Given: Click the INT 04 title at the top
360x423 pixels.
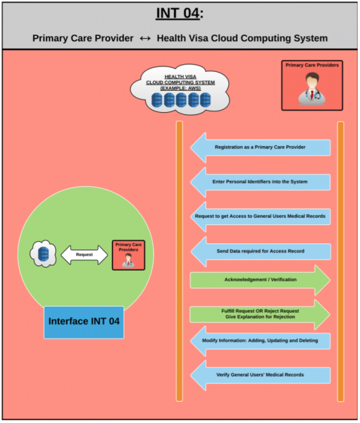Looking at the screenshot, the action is (x=180, y=13).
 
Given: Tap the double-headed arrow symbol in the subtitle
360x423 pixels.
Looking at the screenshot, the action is (x=145, y=38).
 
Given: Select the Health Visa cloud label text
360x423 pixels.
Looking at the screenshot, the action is (x=180, y=82).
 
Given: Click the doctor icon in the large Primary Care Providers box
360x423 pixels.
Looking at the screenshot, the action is (x=312, y=89).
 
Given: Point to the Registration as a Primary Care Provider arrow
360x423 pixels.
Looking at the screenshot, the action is (x=260, y=147).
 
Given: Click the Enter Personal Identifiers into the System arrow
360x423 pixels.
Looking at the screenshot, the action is (x=260, y=182).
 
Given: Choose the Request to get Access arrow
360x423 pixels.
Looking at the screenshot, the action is (x=260, y=216).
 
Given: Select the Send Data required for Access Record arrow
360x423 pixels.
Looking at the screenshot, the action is (x=260, y=252).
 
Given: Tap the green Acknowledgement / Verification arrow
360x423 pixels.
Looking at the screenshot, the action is (x=260, y=280).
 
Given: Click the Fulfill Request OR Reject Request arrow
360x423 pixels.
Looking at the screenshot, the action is (x=260, y=314).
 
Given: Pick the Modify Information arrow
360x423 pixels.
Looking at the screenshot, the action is (x=260, y=341).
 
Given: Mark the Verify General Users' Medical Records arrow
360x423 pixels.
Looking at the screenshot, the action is (x=260, y=375).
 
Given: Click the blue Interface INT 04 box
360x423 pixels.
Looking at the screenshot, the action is (x=84, y=322).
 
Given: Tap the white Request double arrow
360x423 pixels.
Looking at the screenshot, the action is (x=84, y=255).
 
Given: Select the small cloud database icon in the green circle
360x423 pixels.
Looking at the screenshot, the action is (x=43, y=254).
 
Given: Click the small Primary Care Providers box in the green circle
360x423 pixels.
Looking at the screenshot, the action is (x=128, y=255).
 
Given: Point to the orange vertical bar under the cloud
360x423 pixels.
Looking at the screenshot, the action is (x=180, y=261).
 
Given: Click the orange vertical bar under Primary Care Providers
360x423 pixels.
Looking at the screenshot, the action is (x=340, y=261).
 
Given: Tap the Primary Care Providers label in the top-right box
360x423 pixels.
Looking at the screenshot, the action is (x=312, y=65).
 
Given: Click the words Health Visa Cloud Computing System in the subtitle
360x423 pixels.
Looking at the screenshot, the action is (x=242, y=38).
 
